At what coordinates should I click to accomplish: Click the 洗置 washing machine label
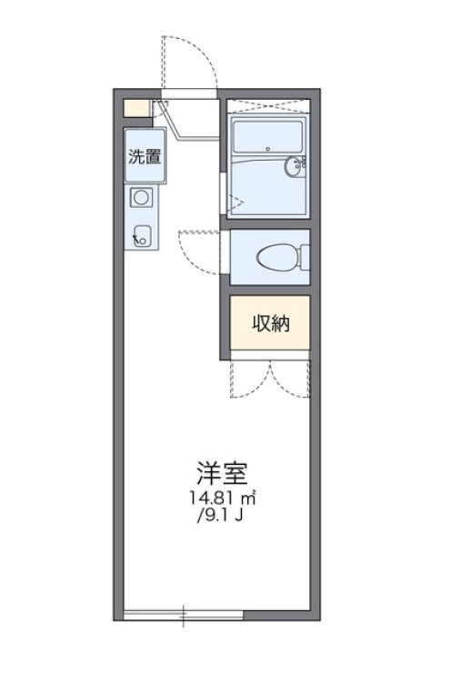(x=145, y=156)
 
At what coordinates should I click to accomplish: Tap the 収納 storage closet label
(x=271, y=323)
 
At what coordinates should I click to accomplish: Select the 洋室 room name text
(x=222, y=473)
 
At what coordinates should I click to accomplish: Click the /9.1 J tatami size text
(x=220, y=515)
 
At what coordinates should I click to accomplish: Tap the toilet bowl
(x=279, y=257)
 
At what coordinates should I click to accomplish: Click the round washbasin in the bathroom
(x=293, y=166)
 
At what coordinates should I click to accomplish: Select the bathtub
(x=268, y=136)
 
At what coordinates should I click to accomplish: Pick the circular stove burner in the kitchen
(x=141, y=196)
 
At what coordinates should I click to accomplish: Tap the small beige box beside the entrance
(x=136, y=108)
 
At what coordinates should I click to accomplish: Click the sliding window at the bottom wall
(x=183, y=615)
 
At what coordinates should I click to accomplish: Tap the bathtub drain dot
(x=267, y=149)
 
